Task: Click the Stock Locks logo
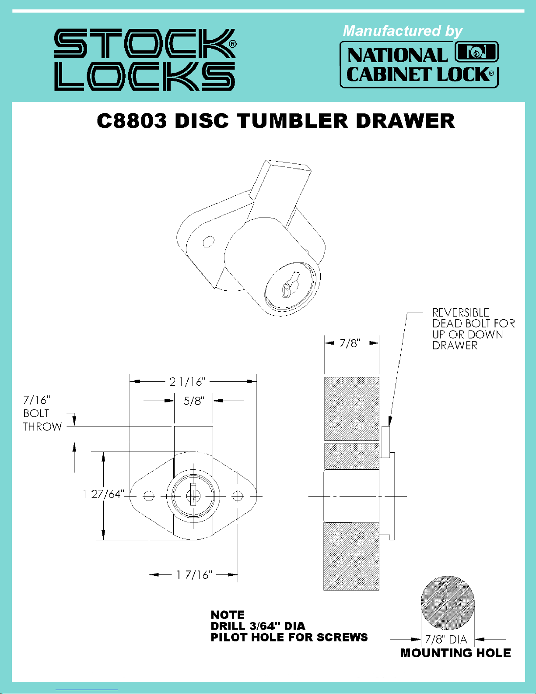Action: pyautogui.click(x=145, y=60)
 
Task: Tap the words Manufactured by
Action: pyautogui.click(x=402, y=31)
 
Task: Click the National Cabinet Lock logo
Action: pyautogui.click(x=419, y=64)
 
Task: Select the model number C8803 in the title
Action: pyautogui.click(x=132, y=121)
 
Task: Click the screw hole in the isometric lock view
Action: pyautogui.click(x=208, y=241)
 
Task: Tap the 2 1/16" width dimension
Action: pyautogui.click(x=188, y=382)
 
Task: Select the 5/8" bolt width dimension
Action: pyautogui.click(x=194, y=401)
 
